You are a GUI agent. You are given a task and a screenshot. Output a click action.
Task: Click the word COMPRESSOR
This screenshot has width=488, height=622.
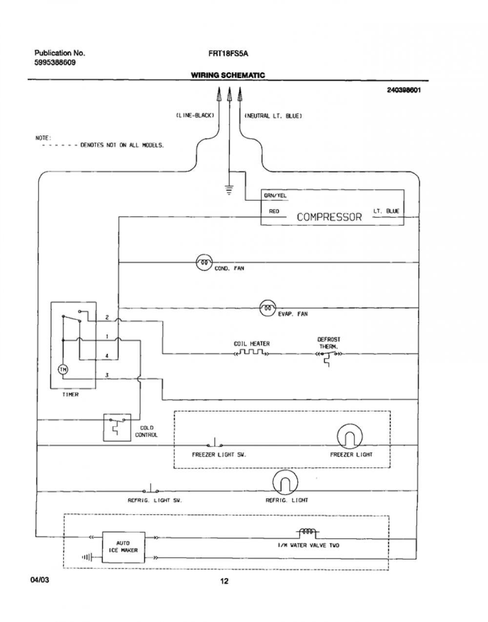coord(329,217)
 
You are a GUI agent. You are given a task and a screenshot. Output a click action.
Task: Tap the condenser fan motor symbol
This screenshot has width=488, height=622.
coord(204,262)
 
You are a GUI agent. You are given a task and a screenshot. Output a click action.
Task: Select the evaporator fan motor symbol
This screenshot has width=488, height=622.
coord(268,308)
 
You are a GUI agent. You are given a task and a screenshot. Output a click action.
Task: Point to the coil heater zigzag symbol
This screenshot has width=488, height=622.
coord(251,352)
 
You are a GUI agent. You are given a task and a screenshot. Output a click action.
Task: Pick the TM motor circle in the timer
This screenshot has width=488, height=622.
coord(63,370)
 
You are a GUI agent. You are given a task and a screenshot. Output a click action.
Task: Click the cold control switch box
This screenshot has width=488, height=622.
coord(117,427)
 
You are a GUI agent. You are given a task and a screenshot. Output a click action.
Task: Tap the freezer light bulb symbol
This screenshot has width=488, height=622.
coord(349,436)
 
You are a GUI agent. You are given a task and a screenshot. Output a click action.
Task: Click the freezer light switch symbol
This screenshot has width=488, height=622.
coord(215,443)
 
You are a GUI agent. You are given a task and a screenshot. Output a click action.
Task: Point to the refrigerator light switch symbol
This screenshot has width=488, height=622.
coord(151,489)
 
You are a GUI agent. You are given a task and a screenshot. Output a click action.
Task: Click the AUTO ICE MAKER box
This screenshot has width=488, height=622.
coord(123,547)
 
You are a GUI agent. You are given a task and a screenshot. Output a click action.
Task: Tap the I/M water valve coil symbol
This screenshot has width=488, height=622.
coord(308,532)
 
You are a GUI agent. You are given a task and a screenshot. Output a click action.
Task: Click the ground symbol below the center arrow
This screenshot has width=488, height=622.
coord(229,190)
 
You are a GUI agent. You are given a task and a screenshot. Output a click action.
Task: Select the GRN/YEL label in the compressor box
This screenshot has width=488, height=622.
coord(275,196)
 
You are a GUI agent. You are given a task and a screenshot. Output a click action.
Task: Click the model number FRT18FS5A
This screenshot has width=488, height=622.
coord(228,54)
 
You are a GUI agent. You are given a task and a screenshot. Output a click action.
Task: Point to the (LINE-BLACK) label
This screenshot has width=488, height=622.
coord(195,116)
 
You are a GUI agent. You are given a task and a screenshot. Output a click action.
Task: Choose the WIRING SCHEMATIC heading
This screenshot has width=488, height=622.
coord(228,75)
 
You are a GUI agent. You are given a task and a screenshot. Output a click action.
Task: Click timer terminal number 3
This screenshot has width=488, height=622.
coord(107,375)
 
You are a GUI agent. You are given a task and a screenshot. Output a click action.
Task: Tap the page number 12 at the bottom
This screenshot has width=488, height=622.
coord(224,581)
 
